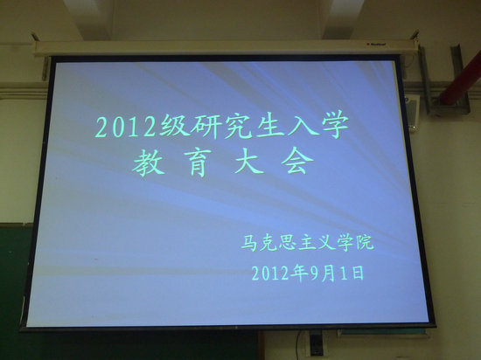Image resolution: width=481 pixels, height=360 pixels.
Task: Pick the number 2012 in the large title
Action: point(127,126)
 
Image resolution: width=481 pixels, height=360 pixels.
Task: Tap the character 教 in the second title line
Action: point(148,164)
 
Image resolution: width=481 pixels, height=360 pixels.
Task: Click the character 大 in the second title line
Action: point(248,163)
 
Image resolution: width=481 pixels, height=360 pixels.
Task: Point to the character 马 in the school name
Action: point(249,243)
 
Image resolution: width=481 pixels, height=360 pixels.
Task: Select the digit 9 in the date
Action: point(313,273)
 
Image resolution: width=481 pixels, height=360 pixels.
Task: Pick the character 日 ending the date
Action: point(358,273)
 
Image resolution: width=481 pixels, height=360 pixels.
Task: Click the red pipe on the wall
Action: point(459,78)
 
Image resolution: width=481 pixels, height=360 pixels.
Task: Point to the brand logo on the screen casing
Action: point(376,44)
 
